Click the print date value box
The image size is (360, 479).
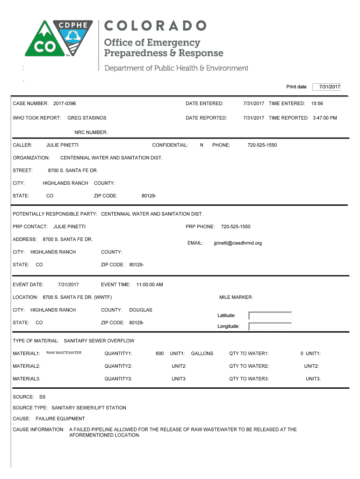click(x=327, y=87)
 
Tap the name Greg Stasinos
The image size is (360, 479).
click(x=87, y=118)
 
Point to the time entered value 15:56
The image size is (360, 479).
click(x=317, y=103)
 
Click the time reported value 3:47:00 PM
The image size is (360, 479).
click(x=324, y=118)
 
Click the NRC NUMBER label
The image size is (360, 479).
click(x=91, y=132)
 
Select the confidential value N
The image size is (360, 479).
click(x=202, y=145)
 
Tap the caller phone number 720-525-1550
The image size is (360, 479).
click(x=262, y=145)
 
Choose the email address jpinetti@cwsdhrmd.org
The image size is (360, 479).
click(x=238, y=243)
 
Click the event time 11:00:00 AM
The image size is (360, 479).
click(x=150, y=284)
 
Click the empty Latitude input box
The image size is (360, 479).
click(x=270, y=316)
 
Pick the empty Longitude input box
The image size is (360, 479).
click(x=270, y=327)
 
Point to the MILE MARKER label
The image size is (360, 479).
click(x=236, y=297)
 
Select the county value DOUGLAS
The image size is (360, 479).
click(x=141, y=310)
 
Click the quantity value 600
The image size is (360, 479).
click(x=159, y=354)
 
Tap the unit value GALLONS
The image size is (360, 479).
click(x=202, y=354)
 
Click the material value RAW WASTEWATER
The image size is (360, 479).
click(x=64, y=353)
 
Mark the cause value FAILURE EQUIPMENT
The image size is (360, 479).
click(x=60, y=419)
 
